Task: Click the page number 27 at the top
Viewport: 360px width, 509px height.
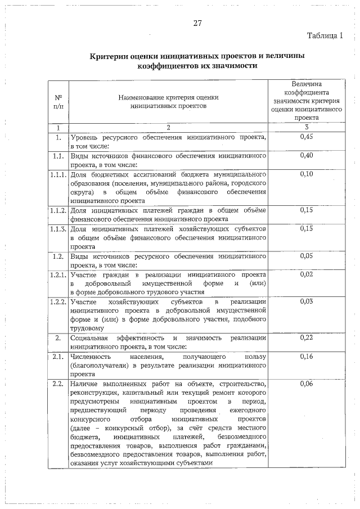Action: (197, 23)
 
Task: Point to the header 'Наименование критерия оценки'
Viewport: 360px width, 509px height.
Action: (168, 97)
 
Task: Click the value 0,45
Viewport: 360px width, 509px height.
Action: (307, 137)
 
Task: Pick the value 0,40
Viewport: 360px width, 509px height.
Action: (307, 155)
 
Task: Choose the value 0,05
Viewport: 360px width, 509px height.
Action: (307, 256)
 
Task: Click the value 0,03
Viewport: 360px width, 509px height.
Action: (307, 301)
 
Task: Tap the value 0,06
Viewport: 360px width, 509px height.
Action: (307, 384)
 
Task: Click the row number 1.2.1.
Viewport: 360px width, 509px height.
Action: (58, 274)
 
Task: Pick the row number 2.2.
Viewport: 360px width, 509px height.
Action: (58, 384)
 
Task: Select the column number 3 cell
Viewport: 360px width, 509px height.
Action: (307, 127)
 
